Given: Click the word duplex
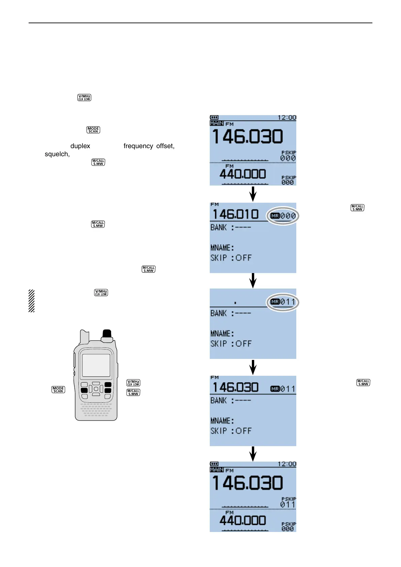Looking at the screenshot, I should (x=80, y=146).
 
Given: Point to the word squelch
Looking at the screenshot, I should (x=57, y=154).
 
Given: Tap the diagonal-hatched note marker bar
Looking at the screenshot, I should (x=31, y=301).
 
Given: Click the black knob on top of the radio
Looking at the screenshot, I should (x=107, y=334).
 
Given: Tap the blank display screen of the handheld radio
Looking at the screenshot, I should (x=96, y=365).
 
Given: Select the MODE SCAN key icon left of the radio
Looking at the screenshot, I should (x=58, y=390).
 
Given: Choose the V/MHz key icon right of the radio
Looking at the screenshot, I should (x=133, y=383).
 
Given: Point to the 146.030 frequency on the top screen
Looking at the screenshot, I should (x=247, y=137).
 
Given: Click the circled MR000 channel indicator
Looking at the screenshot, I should (x=283, y=216).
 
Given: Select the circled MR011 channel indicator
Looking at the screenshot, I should (x=283, y=302).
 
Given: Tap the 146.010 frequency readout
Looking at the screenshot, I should (x=235, y=214).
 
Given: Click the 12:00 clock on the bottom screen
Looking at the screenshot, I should (x=287, y=464).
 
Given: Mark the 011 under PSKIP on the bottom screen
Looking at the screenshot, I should (x=288, y=504).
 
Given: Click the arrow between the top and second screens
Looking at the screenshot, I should (x=253, y=194).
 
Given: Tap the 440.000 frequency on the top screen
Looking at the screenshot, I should (x=242, y=174).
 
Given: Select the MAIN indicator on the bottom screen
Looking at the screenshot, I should (x=216, y=470).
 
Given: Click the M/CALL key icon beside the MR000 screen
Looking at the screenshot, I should (x=357, y=208).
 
